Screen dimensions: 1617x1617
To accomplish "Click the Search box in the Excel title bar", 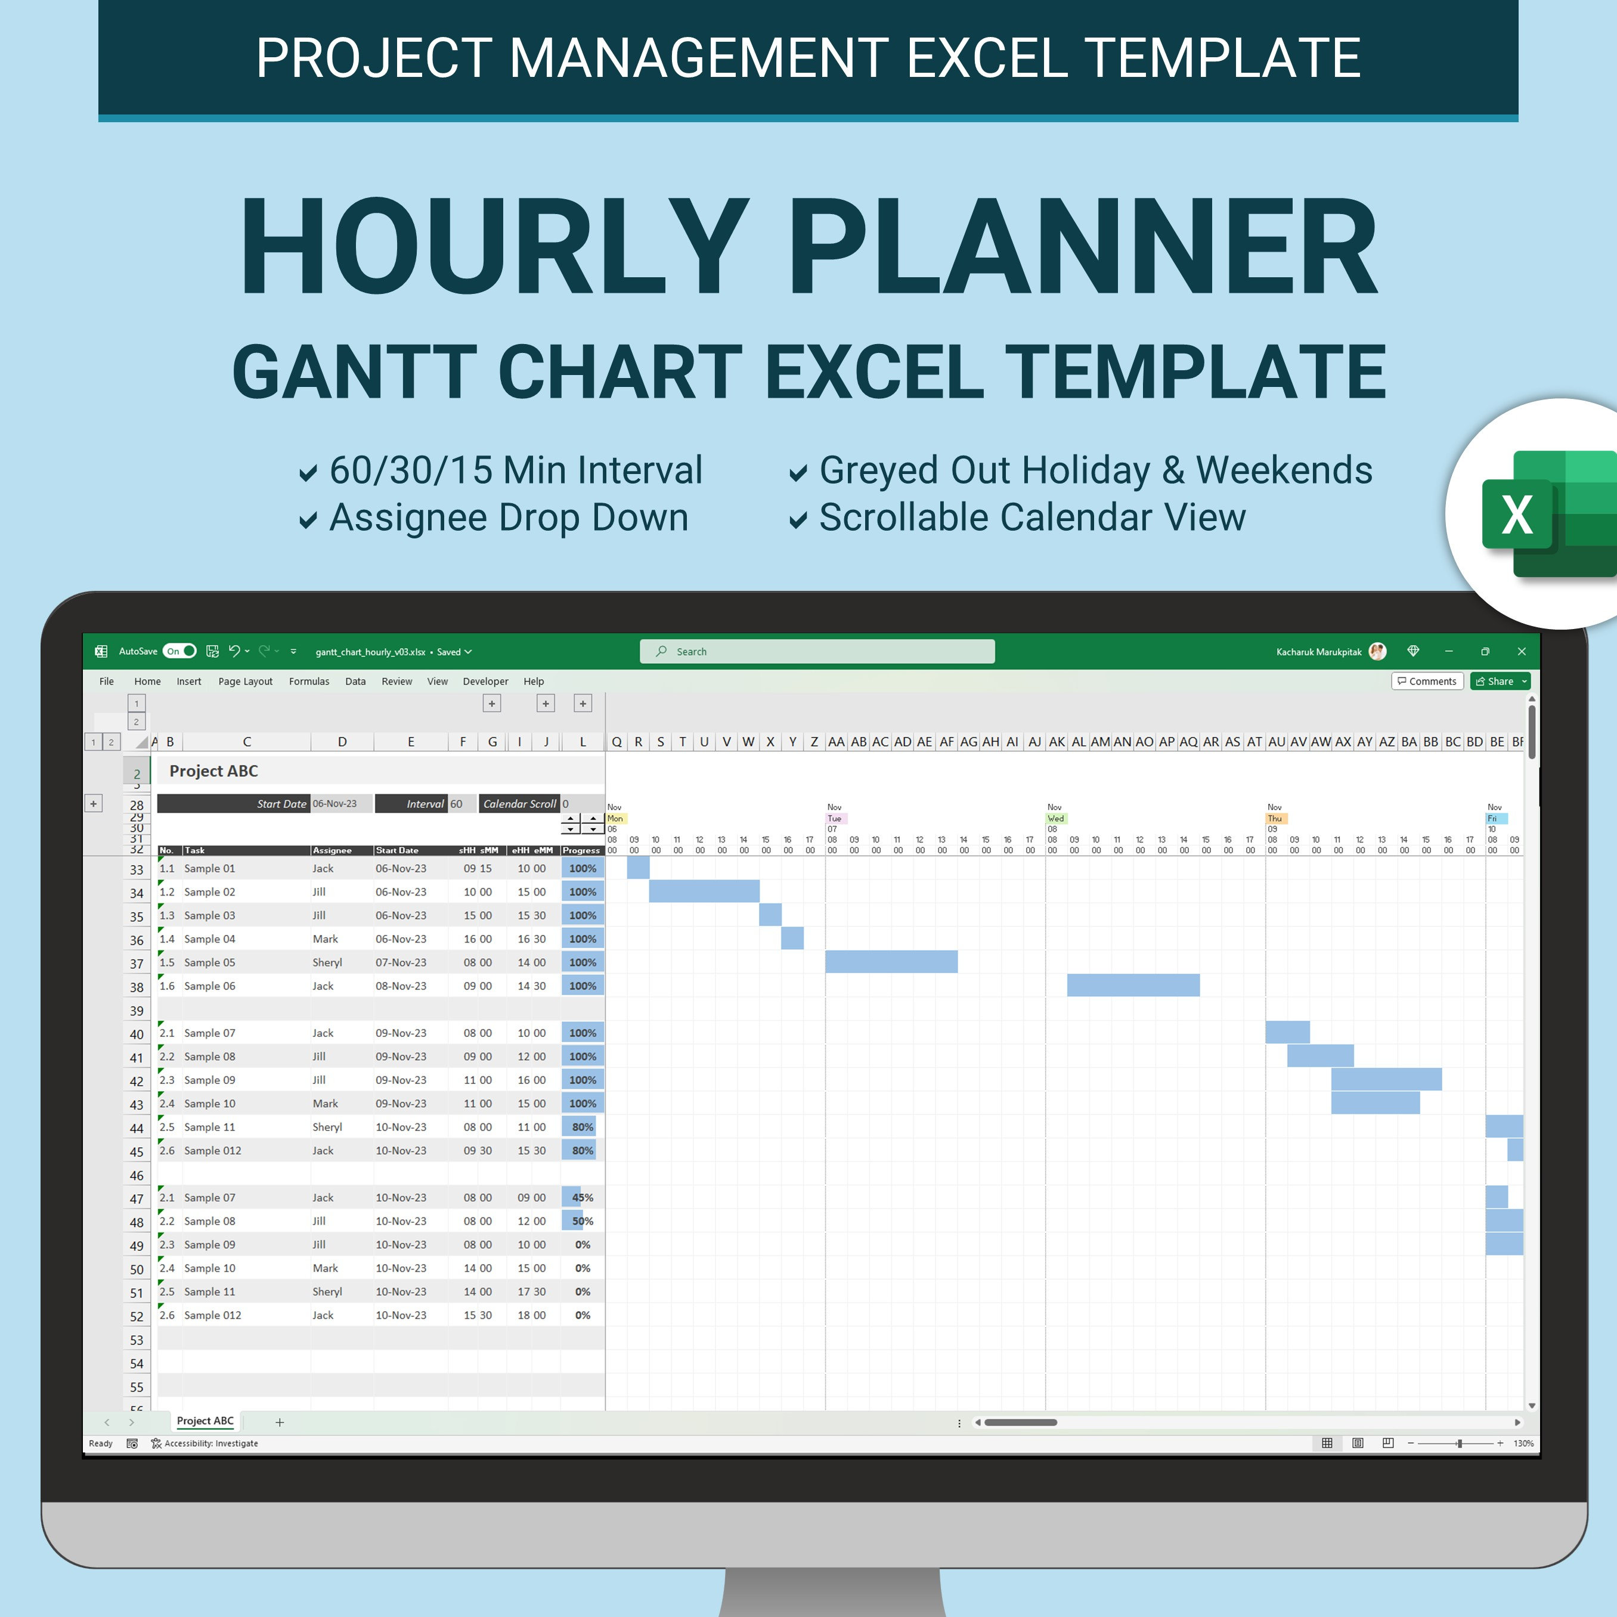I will click(817, 651).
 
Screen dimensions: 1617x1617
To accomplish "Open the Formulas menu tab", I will click(309, 682).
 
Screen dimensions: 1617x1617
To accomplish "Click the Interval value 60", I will click(457, 804).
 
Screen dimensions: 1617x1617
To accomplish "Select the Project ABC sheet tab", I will click(205, 1421).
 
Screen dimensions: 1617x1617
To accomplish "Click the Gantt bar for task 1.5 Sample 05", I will click(891, 962).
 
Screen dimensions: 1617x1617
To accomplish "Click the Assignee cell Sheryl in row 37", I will click(327, 962).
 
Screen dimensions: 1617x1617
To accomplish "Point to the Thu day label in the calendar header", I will click(1275, 819).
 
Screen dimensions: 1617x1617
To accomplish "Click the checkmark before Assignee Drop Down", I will click(308, 521).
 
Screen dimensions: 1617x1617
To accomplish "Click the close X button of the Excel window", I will click(1522, 651).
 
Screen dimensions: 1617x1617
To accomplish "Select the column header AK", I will click(1057, 742).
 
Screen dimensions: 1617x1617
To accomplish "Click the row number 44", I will click(137, 1128).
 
